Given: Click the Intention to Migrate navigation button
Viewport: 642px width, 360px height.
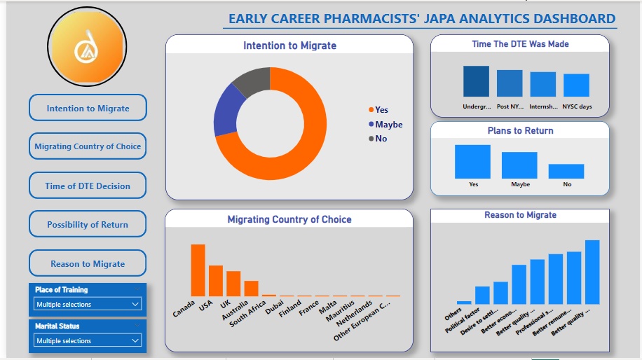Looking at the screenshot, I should [x=88, y=108].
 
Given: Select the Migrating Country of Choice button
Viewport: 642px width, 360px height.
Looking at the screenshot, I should [x=88, y=146].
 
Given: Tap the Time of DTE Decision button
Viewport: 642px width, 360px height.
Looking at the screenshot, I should [x=88, y=186].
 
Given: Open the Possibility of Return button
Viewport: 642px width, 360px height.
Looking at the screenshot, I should [x=88, y=224].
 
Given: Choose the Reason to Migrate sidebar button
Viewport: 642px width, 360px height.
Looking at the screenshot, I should [x=88, y=263].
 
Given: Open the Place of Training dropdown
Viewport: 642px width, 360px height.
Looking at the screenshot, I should [x=88, y=304].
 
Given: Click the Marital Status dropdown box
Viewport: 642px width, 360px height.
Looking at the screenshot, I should [x=88, y=340].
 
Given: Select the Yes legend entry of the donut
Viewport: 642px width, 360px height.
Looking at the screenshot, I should [x=378, y=109].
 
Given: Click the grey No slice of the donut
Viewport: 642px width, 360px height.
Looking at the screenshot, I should [x=251, y=81].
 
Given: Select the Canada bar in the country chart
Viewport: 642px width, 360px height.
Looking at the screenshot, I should [x=198, y=270].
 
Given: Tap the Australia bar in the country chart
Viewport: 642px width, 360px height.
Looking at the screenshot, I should [x=251, y=288].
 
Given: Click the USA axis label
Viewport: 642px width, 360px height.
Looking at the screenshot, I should [x=205, y=307].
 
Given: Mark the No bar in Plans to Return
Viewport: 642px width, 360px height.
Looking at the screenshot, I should [x=566, y=171].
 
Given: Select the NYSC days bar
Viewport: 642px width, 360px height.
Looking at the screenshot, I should [x=577, y=85].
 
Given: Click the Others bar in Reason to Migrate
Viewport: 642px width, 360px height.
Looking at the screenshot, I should [x=464, y=302].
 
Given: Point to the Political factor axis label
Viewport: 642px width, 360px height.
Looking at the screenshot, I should [x=462, y=319].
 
